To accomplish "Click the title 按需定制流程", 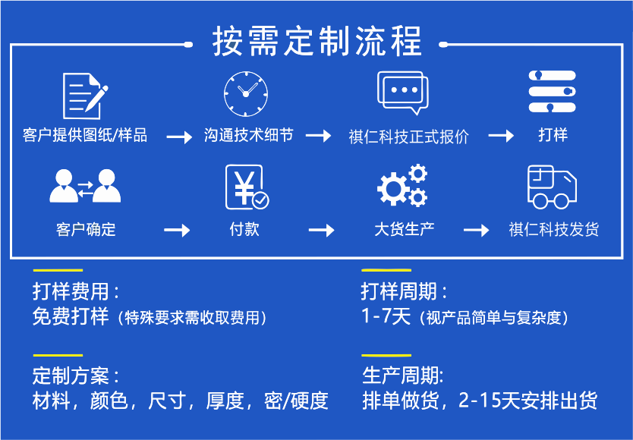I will tap(316, 41).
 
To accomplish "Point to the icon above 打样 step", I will tap(553, 93).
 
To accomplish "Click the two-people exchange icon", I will tap(85, 186).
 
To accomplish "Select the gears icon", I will tap(402, 187).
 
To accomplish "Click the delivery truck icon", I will tap(553, 187).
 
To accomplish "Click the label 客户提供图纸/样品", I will tap(85, 136).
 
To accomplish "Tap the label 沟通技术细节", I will tap(248, 136).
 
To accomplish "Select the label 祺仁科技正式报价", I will tap(408, 137).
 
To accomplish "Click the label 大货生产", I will tap(405, 229).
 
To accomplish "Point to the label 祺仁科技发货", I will tap(554, 229).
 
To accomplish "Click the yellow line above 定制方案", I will tap(58, 355).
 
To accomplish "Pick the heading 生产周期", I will tap(403, 376).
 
